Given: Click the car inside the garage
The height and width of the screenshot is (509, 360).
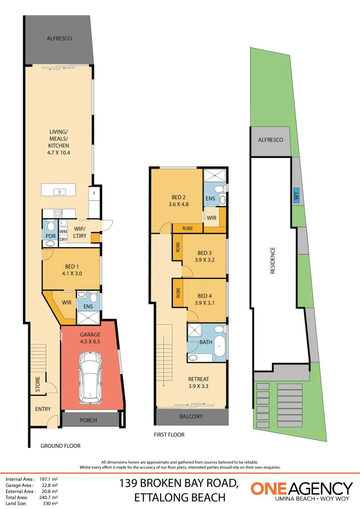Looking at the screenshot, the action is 90,378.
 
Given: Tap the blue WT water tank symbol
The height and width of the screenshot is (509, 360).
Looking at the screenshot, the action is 296,196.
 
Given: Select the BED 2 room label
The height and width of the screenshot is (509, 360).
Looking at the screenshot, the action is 179,197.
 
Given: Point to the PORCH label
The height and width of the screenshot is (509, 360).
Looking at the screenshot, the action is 88,420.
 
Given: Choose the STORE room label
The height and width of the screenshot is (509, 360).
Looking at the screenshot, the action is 38,384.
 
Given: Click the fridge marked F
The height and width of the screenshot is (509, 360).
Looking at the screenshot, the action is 94,194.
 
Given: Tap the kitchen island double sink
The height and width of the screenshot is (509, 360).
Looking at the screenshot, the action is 60,192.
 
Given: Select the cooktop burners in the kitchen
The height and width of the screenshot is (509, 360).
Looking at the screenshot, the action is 58,213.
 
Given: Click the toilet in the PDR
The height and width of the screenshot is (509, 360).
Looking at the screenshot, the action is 50,226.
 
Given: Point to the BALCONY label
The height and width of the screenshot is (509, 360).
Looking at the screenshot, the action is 191,416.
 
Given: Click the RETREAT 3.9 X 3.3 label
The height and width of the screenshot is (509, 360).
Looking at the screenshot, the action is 198,382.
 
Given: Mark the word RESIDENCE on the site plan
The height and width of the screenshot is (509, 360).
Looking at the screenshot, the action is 273,260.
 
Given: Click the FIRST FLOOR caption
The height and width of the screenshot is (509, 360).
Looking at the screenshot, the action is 169,435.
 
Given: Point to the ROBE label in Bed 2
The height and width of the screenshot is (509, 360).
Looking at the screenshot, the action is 188,229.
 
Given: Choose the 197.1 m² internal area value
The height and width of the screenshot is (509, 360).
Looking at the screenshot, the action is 49,479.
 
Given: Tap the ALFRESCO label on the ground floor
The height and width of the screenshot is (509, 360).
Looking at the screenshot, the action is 59,38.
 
